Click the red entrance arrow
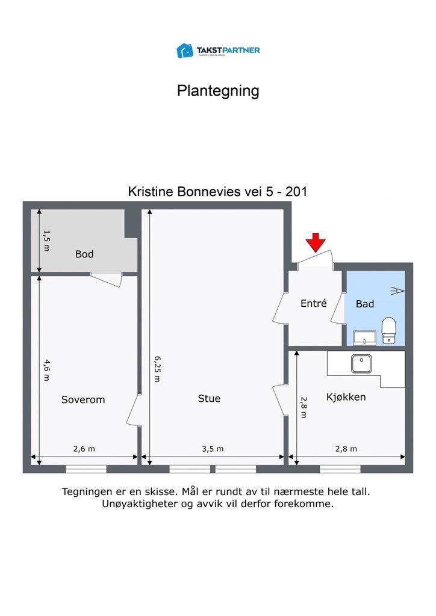coord(316,242)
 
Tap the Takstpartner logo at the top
coord(218,51)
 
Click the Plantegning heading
coord(218,91)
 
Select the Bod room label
coord(84,254)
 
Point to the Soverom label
coord(83,399)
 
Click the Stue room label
coord(209,398)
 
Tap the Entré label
coord(313,304)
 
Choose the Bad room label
coord(365,304)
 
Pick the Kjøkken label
coord(346,398)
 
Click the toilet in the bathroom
coord(390,331)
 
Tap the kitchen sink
coord(362,363)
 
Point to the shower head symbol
coord(397,291)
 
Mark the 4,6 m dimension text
coord(46,369)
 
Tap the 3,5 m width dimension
coord(213,449)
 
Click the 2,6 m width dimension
coord(84,449)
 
